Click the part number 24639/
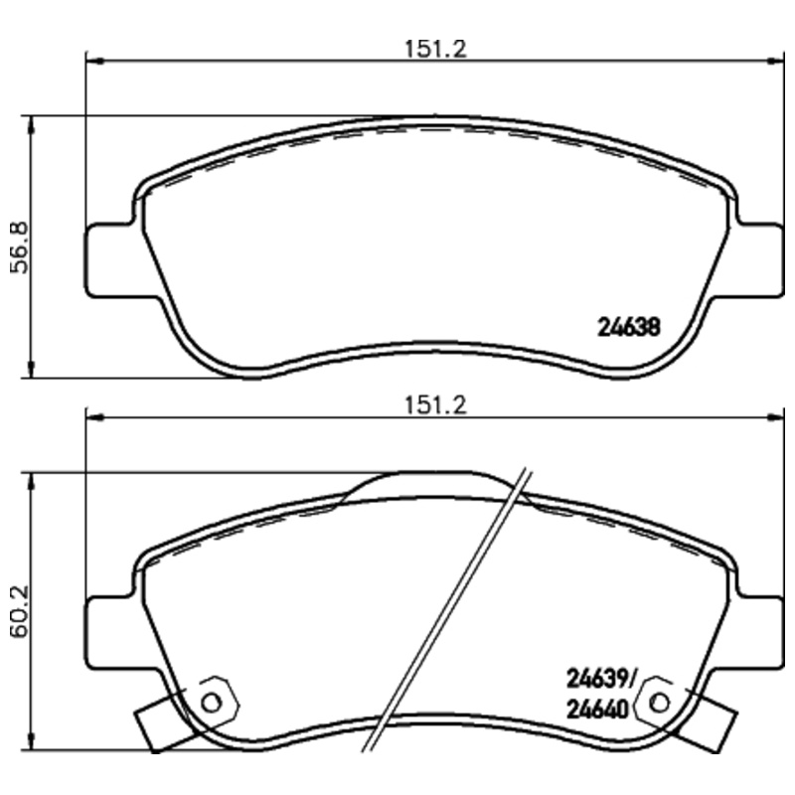pyautogui.click(x=601, y=680)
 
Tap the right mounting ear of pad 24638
pyautogui.click(x=759, y=259)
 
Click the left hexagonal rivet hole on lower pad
pyautogui.click(x=211, y=701)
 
